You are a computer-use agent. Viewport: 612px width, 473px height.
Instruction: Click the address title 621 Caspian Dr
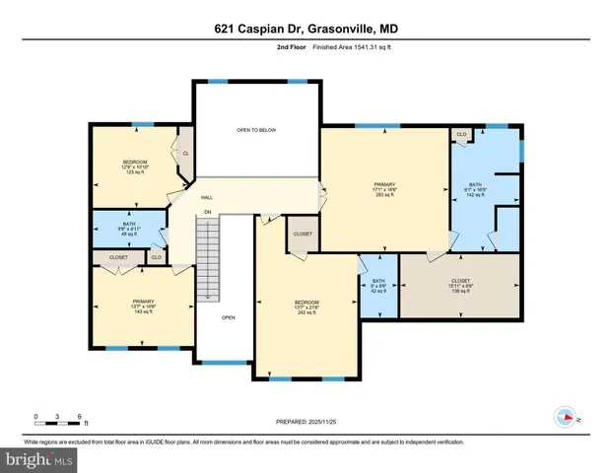click(306, 29)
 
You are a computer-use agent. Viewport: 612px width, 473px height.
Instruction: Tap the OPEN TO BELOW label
click(255, 129)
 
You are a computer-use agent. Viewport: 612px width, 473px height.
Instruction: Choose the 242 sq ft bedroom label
click(307, 306)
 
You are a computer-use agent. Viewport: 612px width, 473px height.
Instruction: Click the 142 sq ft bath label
click(475, 190)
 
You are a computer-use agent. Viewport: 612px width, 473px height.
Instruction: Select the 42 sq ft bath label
click(377, 286)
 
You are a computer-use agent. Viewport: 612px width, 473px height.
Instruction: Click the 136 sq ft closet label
click(461, 286)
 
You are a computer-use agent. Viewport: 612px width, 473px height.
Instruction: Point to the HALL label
click(208, 196)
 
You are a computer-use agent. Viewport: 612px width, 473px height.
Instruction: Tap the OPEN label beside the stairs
click(229, 317)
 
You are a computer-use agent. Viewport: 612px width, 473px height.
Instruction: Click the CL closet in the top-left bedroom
click(185, 153)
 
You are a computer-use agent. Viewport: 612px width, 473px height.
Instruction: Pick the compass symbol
click(566, 415)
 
